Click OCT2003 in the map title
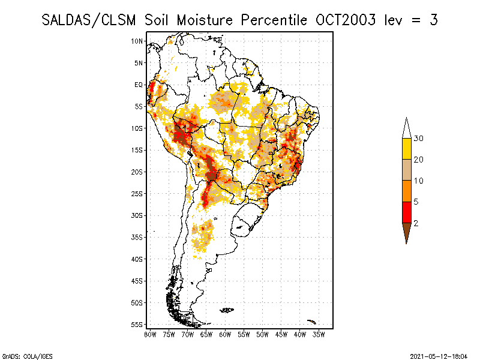[x=346, y=20]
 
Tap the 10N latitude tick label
[x=137, y=41]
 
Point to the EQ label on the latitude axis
[x=139, y=85]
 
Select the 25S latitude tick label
[x=137, y=193]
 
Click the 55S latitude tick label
[x=137, y=324]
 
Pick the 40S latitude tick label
[x=137, y=259]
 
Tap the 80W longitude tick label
[x=150, y=334]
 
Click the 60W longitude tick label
[x=225, y=334]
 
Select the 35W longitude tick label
[x=319, y=334]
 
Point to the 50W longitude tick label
[x=262, y=334]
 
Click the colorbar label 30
[x=419, y=139]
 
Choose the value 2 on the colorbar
[x=416, y=223]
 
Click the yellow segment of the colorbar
[x=407, y=149]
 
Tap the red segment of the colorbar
[x=407, y=212]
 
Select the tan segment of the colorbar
[x=407, y=170]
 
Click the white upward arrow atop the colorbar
[x=407, y=128]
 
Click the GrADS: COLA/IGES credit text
[x=20, y=355]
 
